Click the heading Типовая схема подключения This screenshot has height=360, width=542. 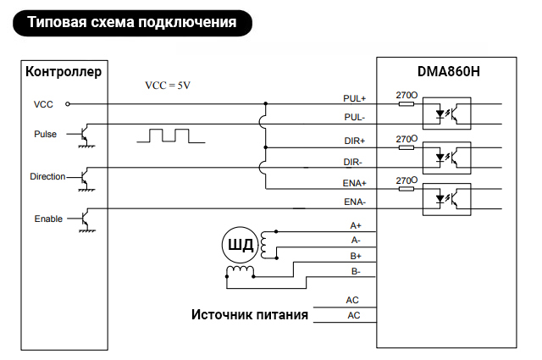[132, 23]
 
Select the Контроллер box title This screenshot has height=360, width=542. [64, 72]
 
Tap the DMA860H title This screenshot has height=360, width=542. [448, 72]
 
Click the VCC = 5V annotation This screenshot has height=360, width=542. [168, 86]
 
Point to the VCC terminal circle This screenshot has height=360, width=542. [68, 103]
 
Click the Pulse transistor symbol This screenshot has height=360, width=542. [85, 136]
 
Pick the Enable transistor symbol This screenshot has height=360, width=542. [85, 220]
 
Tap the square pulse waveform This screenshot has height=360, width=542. [171, 136]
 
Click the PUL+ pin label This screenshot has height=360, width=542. [354, 98]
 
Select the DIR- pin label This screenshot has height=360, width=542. [352, 162]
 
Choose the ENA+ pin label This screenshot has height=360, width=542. [354, 183]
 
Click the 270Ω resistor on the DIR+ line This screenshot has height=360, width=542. [406, 147]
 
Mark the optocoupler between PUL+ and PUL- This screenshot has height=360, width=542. [446, 114]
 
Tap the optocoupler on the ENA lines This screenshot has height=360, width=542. [446, 200]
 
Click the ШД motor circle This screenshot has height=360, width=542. [240, 245]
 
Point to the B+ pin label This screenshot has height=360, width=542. [356, 256]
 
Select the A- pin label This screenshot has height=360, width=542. [356, 240]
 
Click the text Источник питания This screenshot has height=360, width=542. [250, 315]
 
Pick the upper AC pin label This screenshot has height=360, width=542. [352, 300]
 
